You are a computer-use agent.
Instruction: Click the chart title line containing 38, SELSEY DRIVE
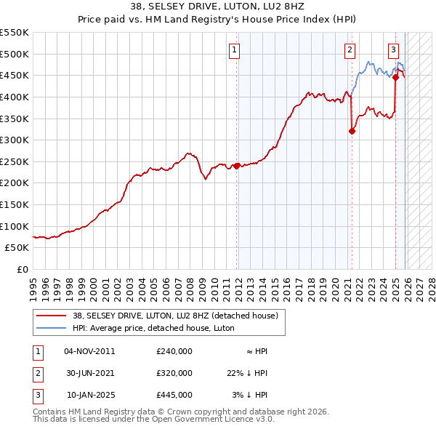click(x=217, y=7)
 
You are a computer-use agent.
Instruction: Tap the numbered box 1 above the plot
click(x=235, y=50)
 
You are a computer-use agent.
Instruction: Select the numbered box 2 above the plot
click(x=350, y=50)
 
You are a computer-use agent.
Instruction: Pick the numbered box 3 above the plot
click(x=393, y=50)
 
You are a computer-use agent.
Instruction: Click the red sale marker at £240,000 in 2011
click(x=237, y=166)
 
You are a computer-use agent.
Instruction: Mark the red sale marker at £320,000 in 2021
click(x=352, y=132)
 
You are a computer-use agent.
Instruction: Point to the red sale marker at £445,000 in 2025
click(x=395, y=78)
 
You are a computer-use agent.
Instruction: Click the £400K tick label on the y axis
click(x=14, y=97)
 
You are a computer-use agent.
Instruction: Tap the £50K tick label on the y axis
click(x=17, y=248)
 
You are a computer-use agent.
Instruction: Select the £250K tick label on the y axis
click(x=14, y=161)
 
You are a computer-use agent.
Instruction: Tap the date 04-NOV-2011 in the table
click(x=89, y=351)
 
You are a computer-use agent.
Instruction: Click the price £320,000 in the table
click(x=174, y=373)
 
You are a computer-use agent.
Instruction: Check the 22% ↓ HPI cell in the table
click(x=247, y=373)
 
